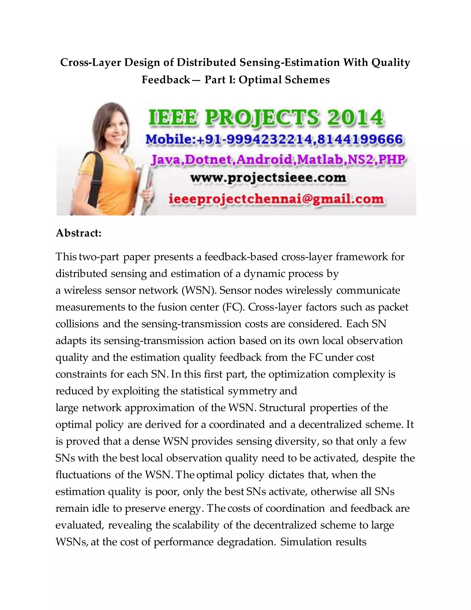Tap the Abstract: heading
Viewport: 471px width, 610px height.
pos(79,233)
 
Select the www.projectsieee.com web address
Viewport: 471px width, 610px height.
pos(268,178)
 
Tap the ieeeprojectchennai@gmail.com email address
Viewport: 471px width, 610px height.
pos(276,199)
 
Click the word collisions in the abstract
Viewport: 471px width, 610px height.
pos(77,324)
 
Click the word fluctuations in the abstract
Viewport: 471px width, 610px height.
pos(83,475)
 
